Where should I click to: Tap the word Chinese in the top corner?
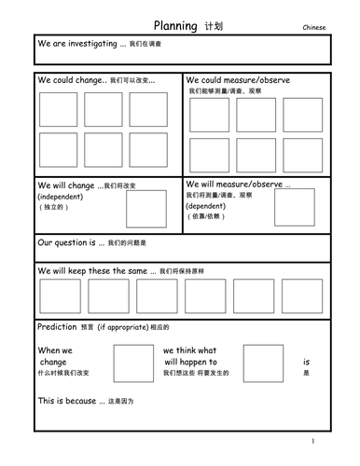tap(315, 29)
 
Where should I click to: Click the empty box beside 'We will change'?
tap(145, 209)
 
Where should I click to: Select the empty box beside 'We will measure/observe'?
tap(295, 207)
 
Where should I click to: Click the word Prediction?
tap(57, 328)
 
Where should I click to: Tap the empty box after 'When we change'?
tap(128, 361)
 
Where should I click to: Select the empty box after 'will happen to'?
tap(263, 361)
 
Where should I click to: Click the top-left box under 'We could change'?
tap(58, 109)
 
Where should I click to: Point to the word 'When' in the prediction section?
tap(48, 349)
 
